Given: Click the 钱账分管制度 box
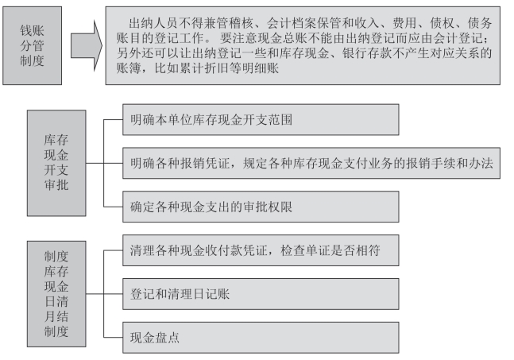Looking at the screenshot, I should point(31,45).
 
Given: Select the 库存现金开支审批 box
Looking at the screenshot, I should point(55,162).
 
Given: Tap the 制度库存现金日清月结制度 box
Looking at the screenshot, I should point(55,295).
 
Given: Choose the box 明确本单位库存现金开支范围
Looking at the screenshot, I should point(259,119).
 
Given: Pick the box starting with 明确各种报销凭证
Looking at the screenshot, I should point(310,163).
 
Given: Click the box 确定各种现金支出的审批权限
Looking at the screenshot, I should point(259,207).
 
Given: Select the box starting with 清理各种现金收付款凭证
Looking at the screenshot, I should point(259,250).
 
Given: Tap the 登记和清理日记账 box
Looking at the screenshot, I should point(259,294).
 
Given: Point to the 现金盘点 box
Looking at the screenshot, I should point(259,338).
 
